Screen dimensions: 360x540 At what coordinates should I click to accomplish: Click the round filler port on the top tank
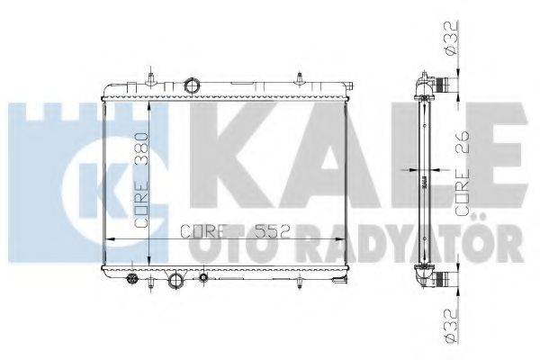[x=192, y=86]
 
